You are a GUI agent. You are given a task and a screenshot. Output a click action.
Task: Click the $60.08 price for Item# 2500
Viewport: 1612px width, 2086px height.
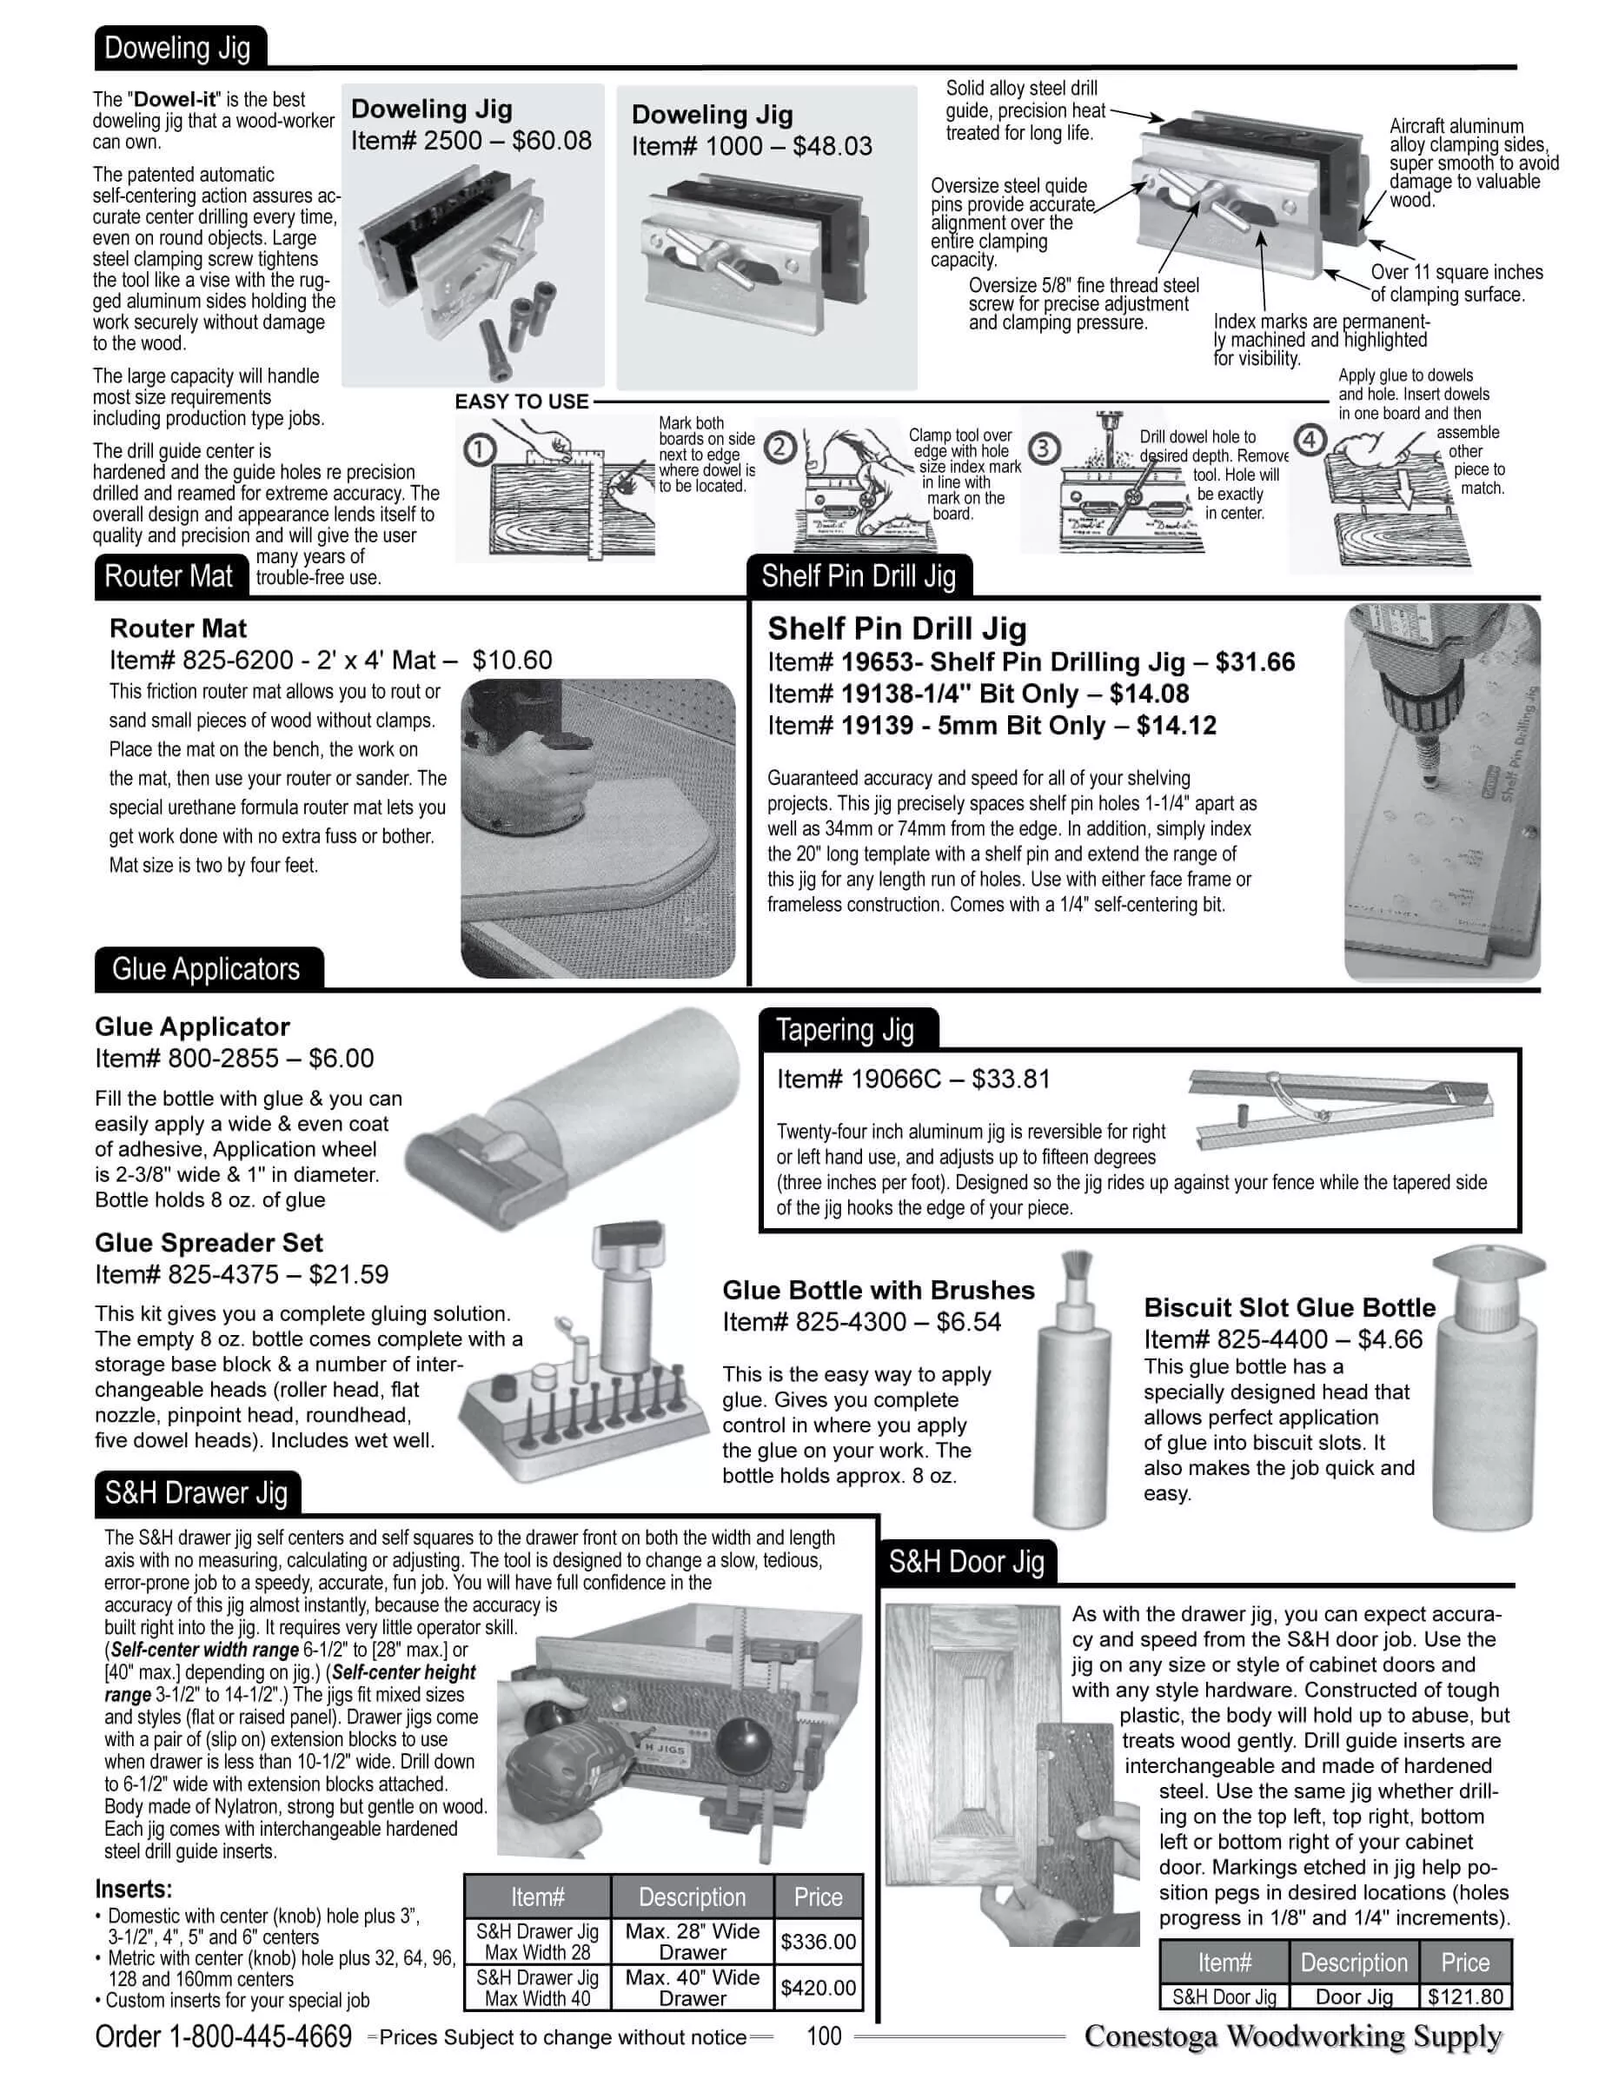[551, 141]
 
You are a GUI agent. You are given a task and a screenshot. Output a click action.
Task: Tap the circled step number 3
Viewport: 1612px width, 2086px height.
[1043, 447]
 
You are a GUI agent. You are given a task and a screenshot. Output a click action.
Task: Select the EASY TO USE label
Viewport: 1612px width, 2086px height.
[521, 402]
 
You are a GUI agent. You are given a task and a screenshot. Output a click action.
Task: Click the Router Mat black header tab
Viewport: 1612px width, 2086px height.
[169, 576]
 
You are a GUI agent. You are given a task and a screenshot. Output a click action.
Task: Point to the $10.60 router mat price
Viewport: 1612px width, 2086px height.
[512, 660]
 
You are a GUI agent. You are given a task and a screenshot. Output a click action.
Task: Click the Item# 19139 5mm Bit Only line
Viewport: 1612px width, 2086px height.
[992, 726]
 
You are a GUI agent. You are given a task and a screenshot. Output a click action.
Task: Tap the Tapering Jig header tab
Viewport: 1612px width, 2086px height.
[846, 1030]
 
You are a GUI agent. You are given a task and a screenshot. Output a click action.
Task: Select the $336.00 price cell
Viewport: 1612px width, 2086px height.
[819, 1942]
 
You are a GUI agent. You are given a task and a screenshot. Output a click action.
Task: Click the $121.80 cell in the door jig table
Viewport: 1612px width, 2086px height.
[1465, 1996]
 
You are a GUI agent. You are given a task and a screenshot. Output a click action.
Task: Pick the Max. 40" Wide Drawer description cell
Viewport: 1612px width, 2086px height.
[693, 1987]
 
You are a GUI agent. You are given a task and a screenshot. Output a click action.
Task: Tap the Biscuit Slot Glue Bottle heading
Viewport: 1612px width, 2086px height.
[1290, 1307]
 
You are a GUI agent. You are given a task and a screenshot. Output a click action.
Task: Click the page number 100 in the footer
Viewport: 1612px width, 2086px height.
[823, 2036]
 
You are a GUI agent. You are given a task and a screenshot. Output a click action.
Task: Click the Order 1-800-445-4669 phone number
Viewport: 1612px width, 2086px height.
[223, 2036]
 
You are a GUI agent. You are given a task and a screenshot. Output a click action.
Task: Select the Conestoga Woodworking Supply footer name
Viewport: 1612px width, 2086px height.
[1293, 2036]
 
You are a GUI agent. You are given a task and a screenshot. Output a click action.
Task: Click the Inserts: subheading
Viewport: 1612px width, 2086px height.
[134, 1890]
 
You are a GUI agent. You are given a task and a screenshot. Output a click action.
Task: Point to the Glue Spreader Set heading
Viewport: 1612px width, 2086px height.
[209, 1243]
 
